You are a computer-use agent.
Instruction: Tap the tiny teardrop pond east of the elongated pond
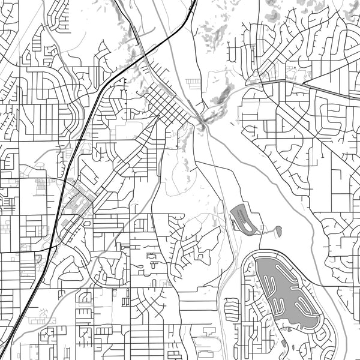tap(279, 229)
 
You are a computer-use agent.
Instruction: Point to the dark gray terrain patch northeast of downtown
tap(224, 93)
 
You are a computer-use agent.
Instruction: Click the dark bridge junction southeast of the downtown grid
tap(202, 124)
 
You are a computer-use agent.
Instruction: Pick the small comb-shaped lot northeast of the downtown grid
tap(193, 83)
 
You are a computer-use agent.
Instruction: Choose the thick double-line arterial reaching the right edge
tap(336, 93)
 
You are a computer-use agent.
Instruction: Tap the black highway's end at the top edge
tap(196, 1)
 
